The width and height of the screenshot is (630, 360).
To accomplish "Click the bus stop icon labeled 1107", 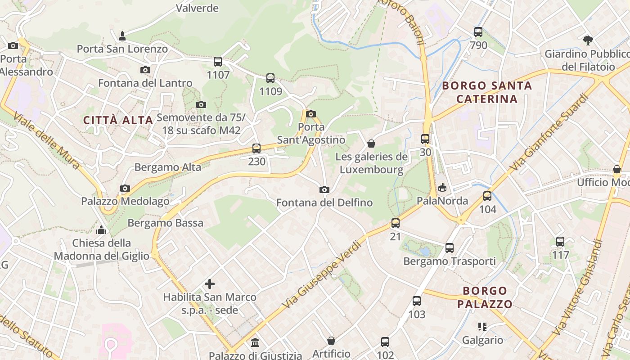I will [218, 62].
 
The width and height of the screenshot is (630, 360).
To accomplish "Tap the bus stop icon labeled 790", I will [478, 32].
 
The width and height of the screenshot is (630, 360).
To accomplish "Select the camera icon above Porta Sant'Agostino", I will [311, 114].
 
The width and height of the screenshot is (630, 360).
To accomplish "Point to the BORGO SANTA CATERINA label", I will [487, 92].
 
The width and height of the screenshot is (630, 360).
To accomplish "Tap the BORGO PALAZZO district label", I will [485, 297].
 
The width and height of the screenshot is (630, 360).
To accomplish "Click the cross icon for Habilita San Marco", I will [210, 284].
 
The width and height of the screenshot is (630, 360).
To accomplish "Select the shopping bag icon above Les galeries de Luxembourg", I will [371, 144].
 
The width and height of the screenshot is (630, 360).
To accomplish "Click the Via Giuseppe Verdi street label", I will [324, 274].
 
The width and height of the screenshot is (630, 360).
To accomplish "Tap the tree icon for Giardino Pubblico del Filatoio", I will [588, 40].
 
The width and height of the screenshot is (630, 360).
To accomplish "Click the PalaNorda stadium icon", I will [442, 187].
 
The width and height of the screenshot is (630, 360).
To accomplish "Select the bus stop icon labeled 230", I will [256, 148].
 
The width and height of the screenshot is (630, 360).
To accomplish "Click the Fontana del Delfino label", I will [324, 202].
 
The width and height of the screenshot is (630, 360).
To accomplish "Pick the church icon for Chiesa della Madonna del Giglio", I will [102, 230].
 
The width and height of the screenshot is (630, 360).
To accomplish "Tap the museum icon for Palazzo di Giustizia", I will [255, 343].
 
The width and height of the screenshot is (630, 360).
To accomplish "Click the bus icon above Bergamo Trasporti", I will [449, 247].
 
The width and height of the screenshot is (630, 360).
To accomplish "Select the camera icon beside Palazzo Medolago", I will [125, 188].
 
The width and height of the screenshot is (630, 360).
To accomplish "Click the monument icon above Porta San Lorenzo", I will [122, 36].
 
